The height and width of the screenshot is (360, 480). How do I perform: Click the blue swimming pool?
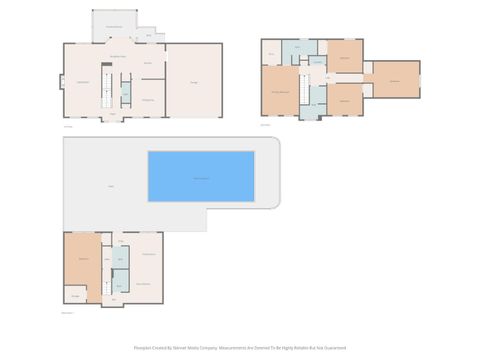pos(201,177)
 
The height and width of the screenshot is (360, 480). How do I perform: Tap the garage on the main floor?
pos(194,81)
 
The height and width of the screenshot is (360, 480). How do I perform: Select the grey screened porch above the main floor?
pos(115,27)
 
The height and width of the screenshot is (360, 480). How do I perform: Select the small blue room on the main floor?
pos(126,93)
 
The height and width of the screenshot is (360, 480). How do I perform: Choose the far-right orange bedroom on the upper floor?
pos(395,79)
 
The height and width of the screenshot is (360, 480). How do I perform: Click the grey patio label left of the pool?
pos(111,184)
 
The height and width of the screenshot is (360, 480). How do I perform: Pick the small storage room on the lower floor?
pos(75,294)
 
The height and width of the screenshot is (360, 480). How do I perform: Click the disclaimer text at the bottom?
pos(240,348)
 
